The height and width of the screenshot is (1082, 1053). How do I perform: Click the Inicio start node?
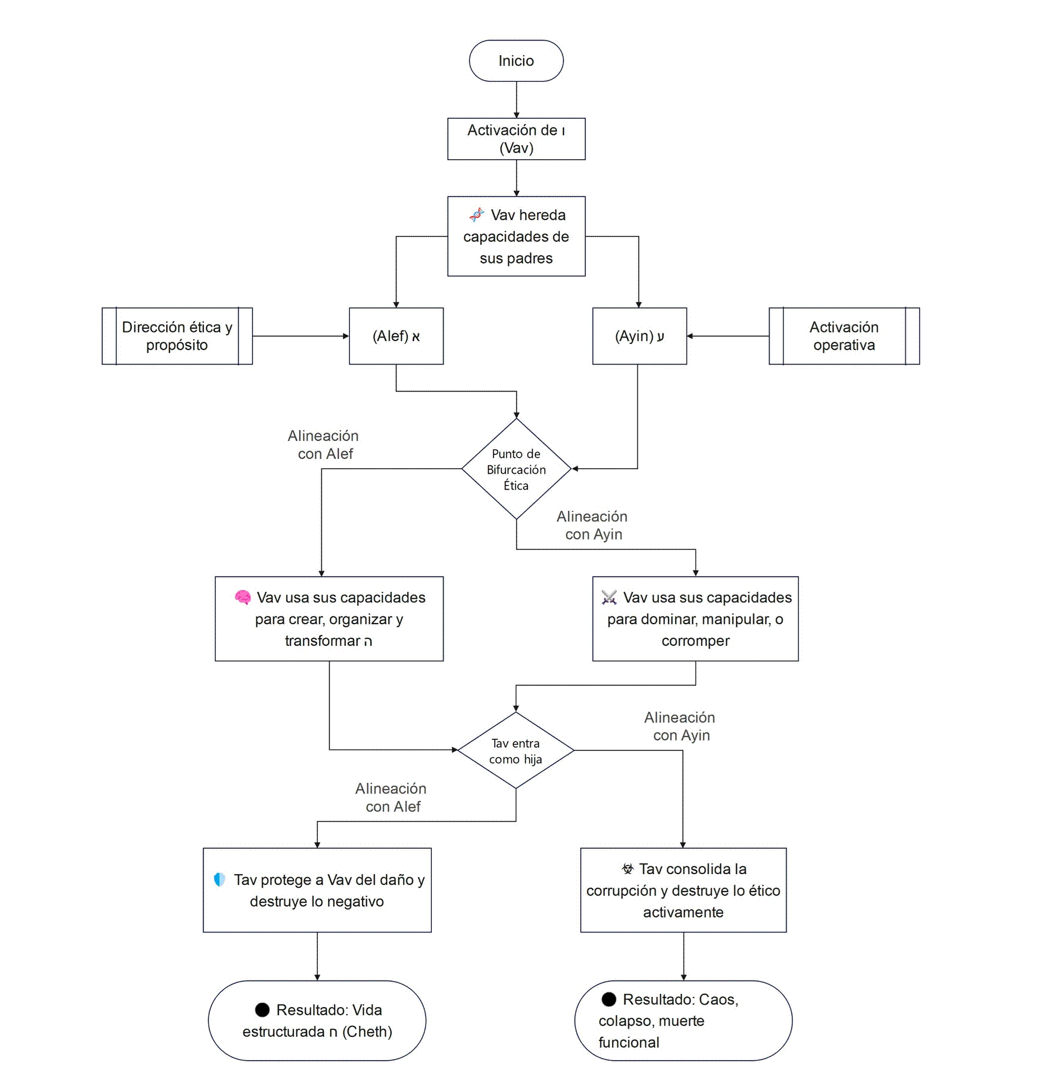[516, 61]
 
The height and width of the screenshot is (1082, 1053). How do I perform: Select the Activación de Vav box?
[516, 139]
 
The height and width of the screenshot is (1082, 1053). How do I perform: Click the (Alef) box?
[397, 336]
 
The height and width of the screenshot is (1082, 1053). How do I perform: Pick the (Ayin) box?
[639, 336]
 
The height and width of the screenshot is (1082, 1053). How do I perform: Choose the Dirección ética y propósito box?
[177, 336]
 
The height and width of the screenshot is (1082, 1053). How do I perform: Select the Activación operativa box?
[845, 336]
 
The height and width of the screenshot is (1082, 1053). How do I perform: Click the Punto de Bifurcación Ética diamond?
[516, 469]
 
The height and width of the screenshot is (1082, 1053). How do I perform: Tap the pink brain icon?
[243, 598]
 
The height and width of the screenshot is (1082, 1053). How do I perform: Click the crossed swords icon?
[608, 598]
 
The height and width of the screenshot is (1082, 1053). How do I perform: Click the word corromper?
[696, 641]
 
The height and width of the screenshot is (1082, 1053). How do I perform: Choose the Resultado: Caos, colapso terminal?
[683, 1020]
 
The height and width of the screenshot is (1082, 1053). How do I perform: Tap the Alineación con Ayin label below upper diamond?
[592, 525]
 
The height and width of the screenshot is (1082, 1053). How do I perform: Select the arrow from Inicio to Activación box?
[516, 100]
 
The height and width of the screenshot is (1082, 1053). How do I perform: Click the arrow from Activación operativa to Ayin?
[727, 336]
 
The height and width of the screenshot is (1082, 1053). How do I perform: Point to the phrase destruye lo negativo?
[317, 902]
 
